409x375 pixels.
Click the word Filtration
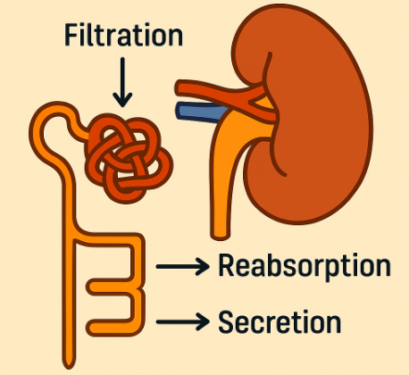click(x=123, y=35)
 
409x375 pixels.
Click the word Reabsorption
click(x=305, y=267)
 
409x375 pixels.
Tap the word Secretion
click(x=280, y=321)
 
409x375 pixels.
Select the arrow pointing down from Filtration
click(x=122, y=82)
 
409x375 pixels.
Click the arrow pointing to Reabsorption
click(x=183, y=266)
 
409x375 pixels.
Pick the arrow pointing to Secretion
click(x=183, y=321)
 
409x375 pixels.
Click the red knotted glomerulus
click(x=129, y=158)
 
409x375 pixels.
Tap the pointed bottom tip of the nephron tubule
click(x=69, y=367)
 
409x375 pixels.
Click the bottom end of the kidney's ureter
click(x=220, y=237)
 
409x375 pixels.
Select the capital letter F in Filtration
click(x=71, y=35)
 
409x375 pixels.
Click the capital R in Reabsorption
click(x=226, y=265)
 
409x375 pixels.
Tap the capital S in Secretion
click(x=225, y=321)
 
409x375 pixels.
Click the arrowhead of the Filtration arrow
click(x=122, y=101)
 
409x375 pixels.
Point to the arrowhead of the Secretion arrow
click(x=203, y=321)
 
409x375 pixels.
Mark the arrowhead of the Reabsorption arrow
click(x=203, y=266)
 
